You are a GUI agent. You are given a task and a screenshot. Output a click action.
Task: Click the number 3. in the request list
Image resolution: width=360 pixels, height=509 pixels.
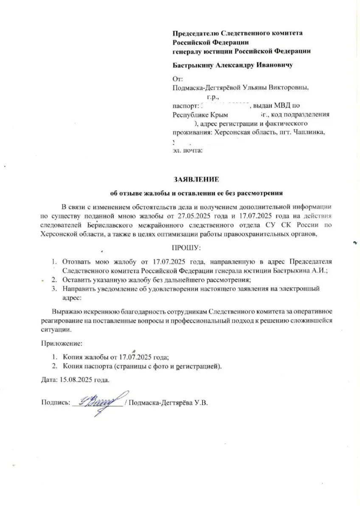54,289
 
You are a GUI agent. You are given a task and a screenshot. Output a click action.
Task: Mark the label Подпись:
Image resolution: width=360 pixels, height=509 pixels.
56,403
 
